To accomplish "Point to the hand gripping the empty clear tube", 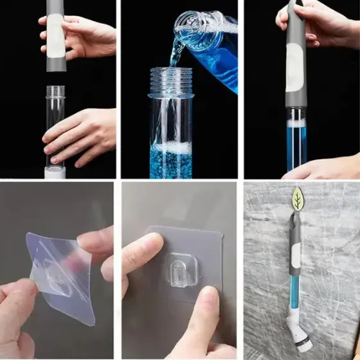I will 84,136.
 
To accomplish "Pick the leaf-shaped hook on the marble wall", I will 298,198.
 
